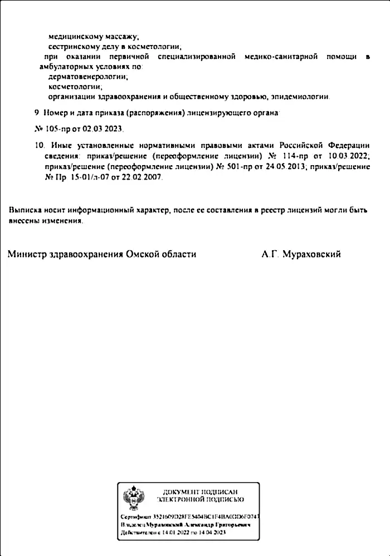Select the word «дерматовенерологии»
(x=88, y=77)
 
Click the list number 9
(x=37, y=112)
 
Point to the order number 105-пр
(x=61, y=128)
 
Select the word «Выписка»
(x=25, y=211)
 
